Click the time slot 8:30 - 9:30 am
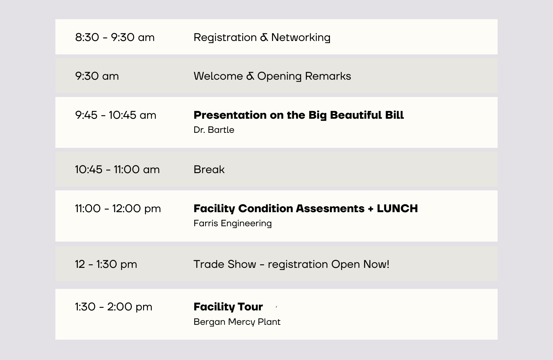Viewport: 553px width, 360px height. tap(115, 37)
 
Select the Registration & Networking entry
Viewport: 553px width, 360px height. tap(262, 38)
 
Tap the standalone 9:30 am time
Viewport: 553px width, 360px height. tap(97, 76)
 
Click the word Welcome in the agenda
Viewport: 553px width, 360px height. tap(218, 76)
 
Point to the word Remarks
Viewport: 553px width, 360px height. tap(328, 76)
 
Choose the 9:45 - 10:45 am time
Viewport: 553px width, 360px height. tap(116, 115)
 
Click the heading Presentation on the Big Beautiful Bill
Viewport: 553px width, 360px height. tap(299, 115)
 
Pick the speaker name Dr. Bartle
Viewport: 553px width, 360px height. tap(214, 130)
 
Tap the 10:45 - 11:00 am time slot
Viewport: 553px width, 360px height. tap(117, 170)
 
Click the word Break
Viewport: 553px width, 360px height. tap(209, 170)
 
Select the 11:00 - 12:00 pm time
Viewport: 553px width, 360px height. tap(118, 209)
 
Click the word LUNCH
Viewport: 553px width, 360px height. tap(397, 208)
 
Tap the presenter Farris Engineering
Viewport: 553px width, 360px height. tap(233, 223)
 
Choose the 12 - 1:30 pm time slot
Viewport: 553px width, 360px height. tap(106, 264)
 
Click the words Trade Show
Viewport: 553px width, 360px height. tap(225, 264)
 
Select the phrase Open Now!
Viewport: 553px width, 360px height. tap(360, 264)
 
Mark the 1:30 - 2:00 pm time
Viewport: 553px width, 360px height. tap(114, 307)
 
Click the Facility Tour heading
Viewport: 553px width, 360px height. tap(228, 307)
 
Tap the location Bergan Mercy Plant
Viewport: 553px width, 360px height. tap(237, 322)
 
